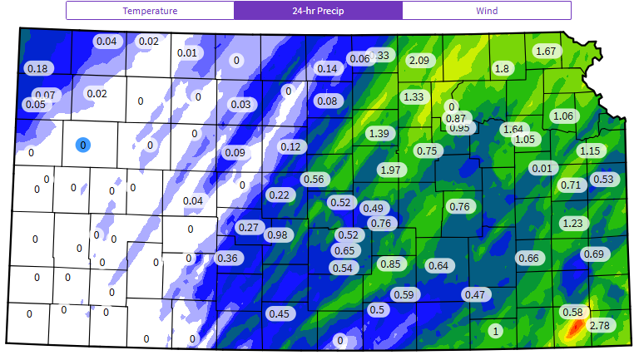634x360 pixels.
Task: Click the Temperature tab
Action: click(150, 11)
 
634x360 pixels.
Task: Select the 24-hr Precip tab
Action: click(318, 11)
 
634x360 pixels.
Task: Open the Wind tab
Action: click(487, 11)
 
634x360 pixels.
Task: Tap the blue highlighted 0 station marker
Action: click(82, 145)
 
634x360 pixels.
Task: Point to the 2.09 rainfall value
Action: click(419, 60)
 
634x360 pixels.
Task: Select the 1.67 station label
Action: click(546, 52)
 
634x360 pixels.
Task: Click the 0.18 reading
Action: click(37, 68)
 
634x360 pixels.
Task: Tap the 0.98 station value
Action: click(277, 235)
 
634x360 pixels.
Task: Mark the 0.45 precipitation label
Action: click(279, 313)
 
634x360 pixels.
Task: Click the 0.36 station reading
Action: click(227, 258)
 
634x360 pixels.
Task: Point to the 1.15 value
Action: click(590, 150)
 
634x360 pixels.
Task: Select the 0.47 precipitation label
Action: click(474, 294)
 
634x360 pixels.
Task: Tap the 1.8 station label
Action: click(502, 69)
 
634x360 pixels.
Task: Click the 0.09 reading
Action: click(235, 152)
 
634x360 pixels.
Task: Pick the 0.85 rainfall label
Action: click(390, 264)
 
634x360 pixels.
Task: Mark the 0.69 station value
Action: click(593, 254)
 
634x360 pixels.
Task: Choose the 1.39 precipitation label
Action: click(379, 133)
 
